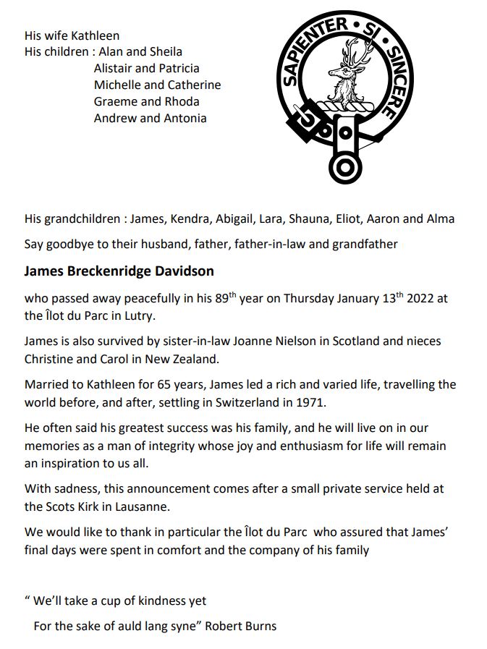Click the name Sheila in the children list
166,51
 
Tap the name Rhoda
182,101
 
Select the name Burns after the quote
261,626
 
